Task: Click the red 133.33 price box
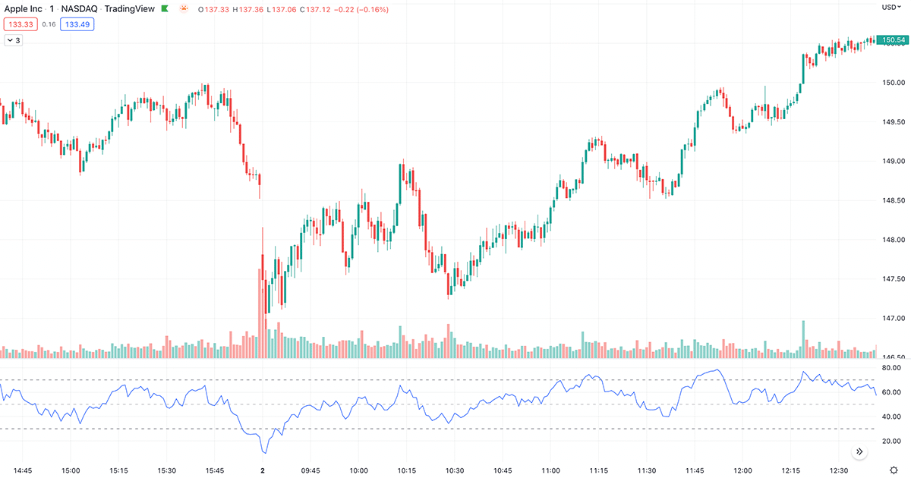20,24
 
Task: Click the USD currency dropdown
891,8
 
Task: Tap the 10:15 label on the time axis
407,470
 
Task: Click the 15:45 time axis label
215,470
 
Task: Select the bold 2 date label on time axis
263,470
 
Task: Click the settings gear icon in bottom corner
894,470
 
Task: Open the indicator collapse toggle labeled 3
14,40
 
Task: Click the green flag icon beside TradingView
165,9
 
